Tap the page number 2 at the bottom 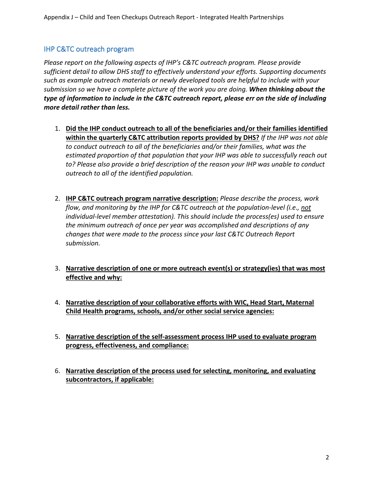pos(327,457)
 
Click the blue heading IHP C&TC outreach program pos(89,49)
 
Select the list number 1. pos(57,129)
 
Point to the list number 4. pos(57,303)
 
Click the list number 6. pos(57,371)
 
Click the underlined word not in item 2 pos(306,208)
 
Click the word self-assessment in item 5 pos(175,337)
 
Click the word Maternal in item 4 pos(300,303)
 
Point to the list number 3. pos(57,269)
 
